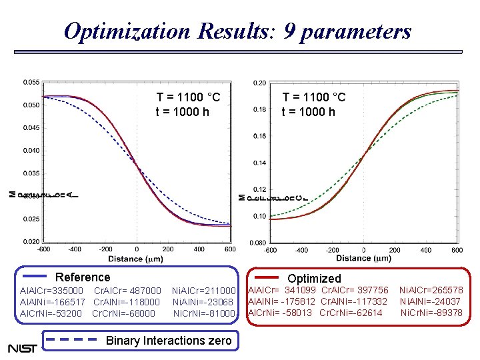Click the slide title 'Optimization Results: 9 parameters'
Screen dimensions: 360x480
coord(237,31)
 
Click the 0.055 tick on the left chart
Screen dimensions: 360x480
coord(31,82)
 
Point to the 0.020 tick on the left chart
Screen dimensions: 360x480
coord(31,241)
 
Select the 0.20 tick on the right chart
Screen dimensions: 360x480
coord(259,83)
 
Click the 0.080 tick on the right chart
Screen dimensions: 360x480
coord(257,243)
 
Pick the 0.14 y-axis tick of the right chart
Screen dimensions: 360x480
coord(259,163)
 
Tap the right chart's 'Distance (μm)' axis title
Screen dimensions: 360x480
coord(363,258)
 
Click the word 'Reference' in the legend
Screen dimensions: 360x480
coord(83,277)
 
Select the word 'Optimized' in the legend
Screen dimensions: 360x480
coord(314,279)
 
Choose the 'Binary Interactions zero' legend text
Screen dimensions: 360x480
coord(169,341)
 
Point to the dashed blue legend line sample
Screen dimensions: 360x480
coord(69,339)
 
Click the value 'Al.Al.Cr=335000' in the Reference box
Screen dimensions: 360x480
coord(51,291)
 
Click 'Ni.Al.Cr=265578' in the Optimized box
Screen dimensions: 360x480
coord(430,290)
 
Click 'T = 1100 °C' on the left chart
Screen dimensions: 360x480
coord(188,98)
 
